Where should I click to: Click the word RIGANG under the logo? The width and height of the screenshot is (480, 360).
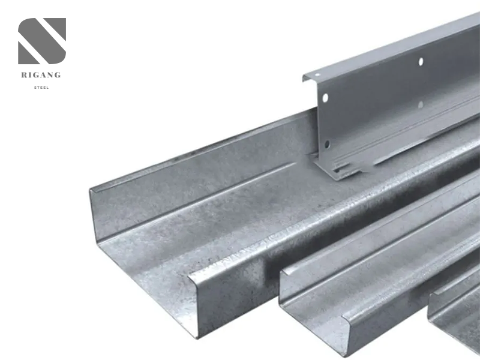tap(41, 75)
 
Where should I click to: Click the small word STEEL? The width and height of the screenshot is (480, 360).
tap(41, 88)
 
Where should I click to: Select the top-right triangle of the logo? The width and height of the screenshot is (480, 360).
tap(57, 27)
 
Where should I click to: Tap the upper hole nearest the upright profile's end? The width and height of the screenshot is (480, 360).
tap(325, 98)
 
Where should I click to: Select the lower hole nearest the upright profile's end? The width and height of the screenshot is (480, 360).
tap(327, 144)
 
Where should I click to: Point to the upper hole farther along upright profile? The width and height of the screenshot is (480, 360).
tap(421, 61)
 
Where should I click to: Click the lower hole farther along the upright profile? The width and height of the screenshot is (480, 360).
tap(421, 104)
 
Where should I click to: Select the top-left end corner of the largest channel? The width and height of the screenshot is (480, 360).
tap(91, 191)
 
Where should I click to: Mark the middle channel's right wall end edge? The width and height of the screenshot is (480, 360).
tap(347, 336)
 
